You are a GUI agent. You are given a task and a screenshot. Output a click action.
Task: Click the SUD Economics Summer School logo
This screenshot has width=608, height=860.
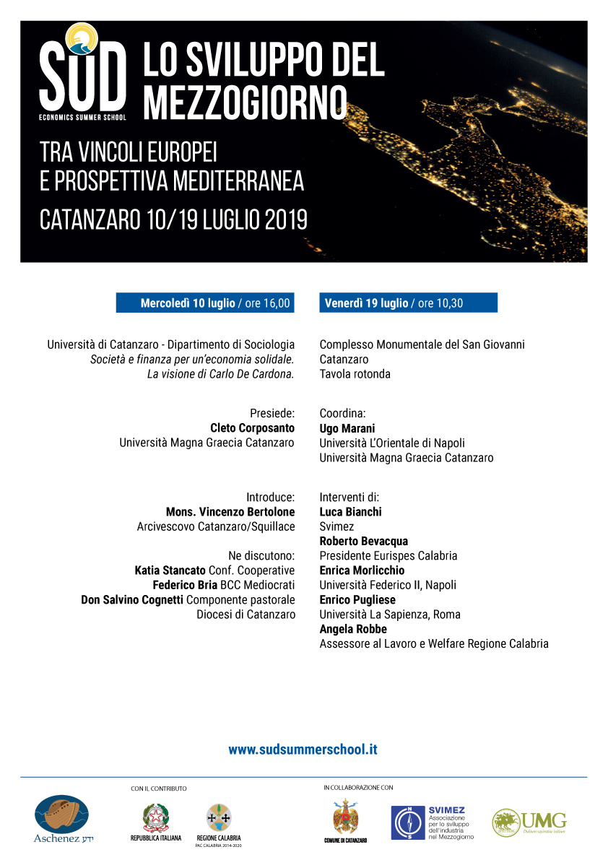(82, 75)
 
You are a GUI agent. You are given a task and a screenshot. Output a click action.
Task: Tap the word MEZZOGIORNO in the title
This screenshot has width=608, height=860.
(245, 103)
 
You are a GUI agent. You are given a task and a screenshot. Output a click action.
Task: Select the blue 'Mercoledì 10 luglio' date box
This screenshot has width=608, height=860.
(206, 303)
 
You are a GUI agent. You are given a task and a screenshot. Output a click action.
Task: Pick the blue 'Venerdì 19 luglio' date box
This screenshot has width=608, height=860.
(408, 303)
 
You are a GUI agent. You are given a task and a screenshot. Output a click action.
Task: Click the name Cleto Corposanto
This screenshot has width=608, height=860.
(252, 428)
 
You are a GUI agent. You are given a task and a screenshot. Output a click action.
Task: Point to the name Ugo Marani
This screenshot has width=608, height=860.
(347, 429)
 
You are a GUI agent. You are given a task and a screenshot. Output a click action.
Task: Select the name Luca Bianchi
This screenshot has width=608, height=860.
(350, 512)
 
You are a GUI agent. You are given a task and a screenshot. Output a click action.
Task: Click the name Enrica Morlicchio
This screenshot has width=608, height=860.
(362, 570)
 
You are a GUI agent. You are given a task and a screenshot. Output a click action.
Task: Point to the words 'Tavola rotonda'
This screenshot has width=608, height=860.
(355, 374)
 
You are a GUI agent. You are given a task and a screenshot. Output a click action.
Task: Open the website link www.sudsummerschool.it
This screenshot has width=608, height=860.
(303, 750)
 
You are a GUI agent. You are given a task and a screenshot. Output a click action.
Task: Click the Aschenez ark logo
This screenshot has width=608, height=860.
(62, 815)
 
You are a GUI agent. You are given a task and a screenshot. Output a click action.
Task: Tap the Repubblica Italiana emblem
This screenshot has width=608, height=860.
(155, 818)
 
